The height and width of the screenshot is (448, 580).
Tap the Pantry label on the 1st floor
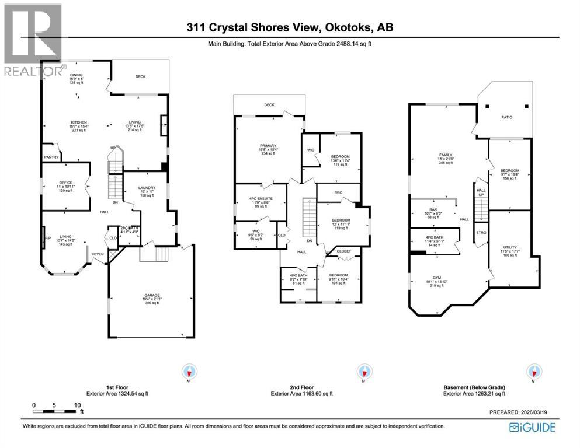51,157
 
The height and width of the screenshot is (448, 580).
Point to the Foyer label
97,254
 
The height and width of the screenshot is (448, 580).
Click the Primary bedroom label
268,145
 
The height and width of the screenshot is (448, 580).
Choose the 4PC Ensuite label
261,202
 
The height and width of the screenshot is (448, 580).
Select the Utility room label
510,247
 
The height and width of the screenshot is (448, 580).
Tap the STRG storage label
481,232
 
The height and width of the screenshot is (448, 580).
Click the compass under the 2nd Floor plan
363,371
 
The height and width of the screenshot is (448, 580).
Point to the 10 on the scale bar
77,405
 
